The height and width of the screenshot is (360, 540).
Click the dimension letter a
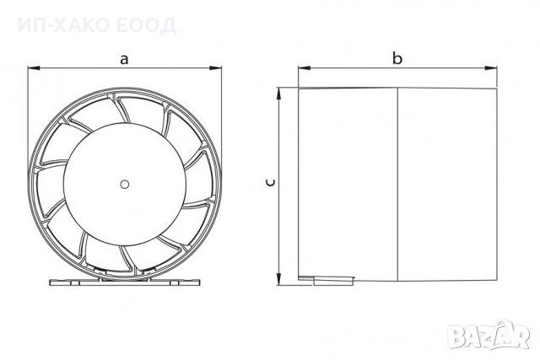124,59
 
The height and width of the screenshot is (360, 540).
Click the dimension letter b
397,58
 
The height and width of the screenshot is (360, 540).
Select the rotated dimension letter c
271,182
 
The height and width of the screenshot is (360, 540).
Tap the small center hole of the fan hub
125,185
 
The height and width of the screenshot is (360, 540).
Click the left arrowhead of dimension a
34,67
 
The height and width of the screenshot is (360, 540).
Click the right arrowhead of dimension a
215,67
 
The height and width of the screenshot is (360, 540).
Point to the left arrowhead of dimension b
305,67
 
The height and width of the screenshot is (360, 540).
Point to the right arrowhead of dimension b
491,67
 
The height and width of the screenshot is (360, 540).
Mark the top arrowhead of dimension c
279,94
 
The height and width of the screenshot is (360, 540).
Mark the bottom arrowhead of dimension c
279,279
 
